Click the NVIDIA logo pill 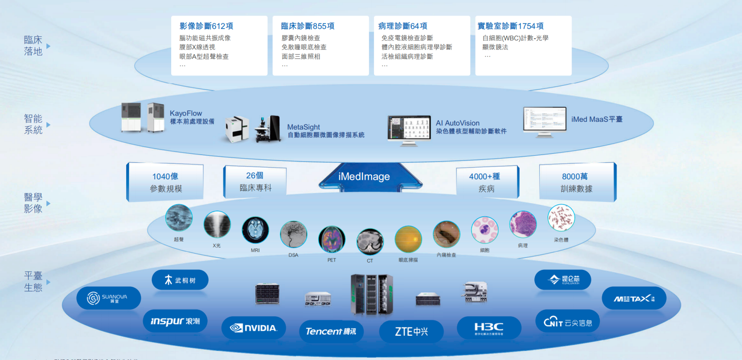254,328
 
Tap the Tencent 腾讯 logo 331,331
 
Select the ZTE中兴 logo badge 411,331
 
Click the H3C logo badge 489,328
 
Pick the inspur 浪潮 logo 175,321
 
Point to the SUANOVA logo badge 108,298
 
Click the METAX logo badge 634,298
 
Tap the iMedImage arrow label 364,177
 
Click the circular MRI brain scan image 255,230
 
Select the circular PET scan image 332,239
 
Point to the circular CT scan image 370,242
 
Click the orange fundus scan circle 408,239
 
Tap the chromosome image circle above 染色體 561,217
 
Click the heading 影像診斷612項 206,26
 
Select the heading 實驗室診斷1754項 510,26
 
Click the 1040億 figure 165,176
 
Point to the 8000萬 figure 575,176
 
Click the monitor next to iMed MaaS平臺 544,120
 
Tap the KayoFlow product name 185,114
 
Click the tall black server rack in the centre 371,295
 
